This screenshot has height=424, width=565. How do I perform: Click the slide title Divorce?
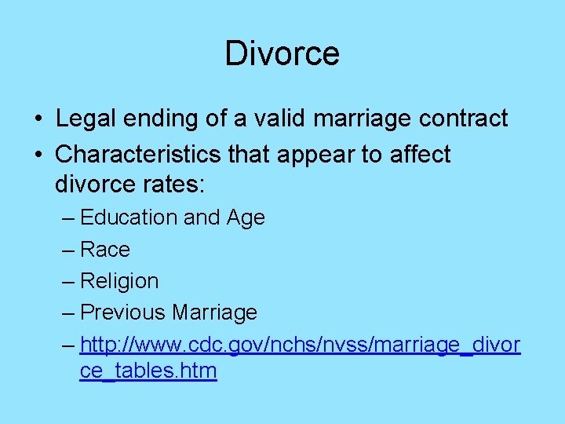(x=282, y=53)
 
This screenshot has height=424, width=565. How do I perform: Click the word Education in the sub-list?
(x=129, y=217)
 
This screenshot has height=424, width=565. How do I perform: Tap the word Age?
(x=245, y=217)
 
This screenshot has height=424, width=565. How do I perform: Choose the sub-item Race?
(x=105, y=250)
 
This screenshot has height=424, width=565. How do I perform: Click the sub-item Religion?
(x=119, y=281)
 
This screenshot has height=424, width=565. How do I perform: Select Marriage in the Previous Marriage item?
(x=214, y=313)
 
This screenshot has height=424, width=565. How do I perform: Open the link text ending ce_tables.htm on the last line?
(x=148, y=371)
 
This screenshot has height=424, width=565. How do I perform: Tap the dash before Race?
(x=67, y=250)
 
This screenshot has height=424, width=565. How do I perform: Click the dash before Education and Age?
(x=67, y=218)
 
